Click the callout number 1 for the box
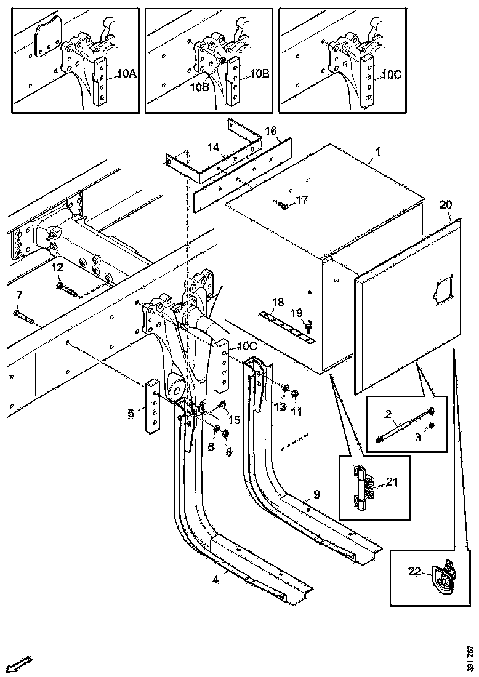point(378,151)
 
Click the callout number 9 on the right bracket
point(316,493)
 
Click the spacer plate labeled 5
point(153,406)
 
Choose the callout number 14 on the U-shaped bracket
point(213,147)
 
